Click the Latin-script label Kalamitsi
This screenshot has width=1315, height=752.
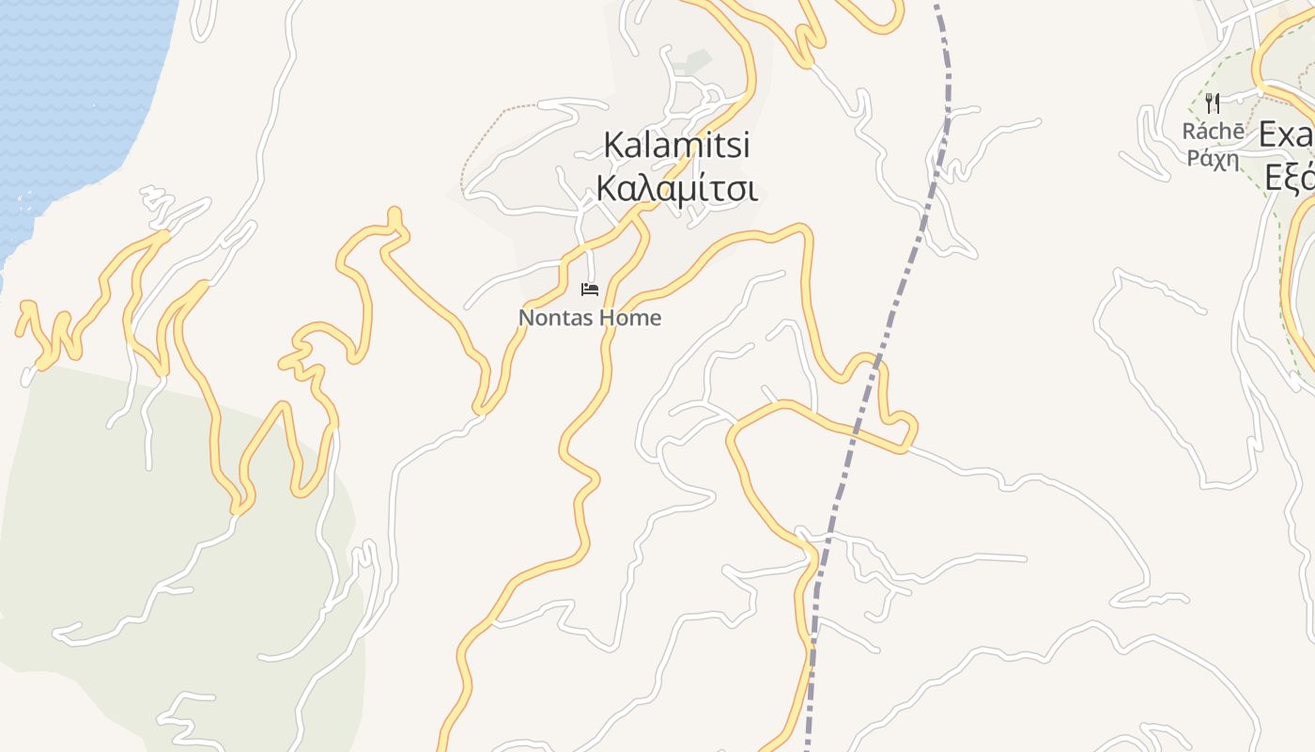click(x=676, y=146)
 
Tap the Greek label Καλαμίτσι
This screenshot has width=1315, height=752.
click(x=676, y=188)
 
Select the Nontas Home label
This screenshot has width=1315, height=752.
click(x=590, y=318)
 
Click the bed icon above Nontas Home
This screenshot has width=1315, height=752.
click(x=590, y=289)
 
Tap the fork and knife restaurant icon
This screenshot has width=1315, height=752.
click(x=1213, y=102)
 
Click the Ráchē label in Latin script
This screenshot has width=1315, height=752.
click(x=1214, y=132)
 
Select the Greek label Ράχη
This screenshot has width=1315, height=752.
click(x=1214, y=158)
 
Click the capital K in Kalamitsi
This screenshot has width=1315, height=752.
click(x=613, y=146)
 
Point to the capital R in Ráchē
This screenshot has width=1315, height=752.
click(x=1189, y=133)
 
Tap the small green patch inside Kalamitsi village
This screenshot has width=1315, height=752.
click(x=698, y=62)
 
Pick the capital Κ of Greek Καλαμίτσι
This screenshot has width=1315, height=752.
click(x=607, y=189)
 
